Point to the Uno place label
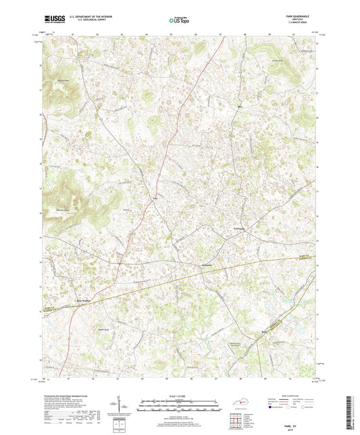pyautogui.click(x=156, y=199)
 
